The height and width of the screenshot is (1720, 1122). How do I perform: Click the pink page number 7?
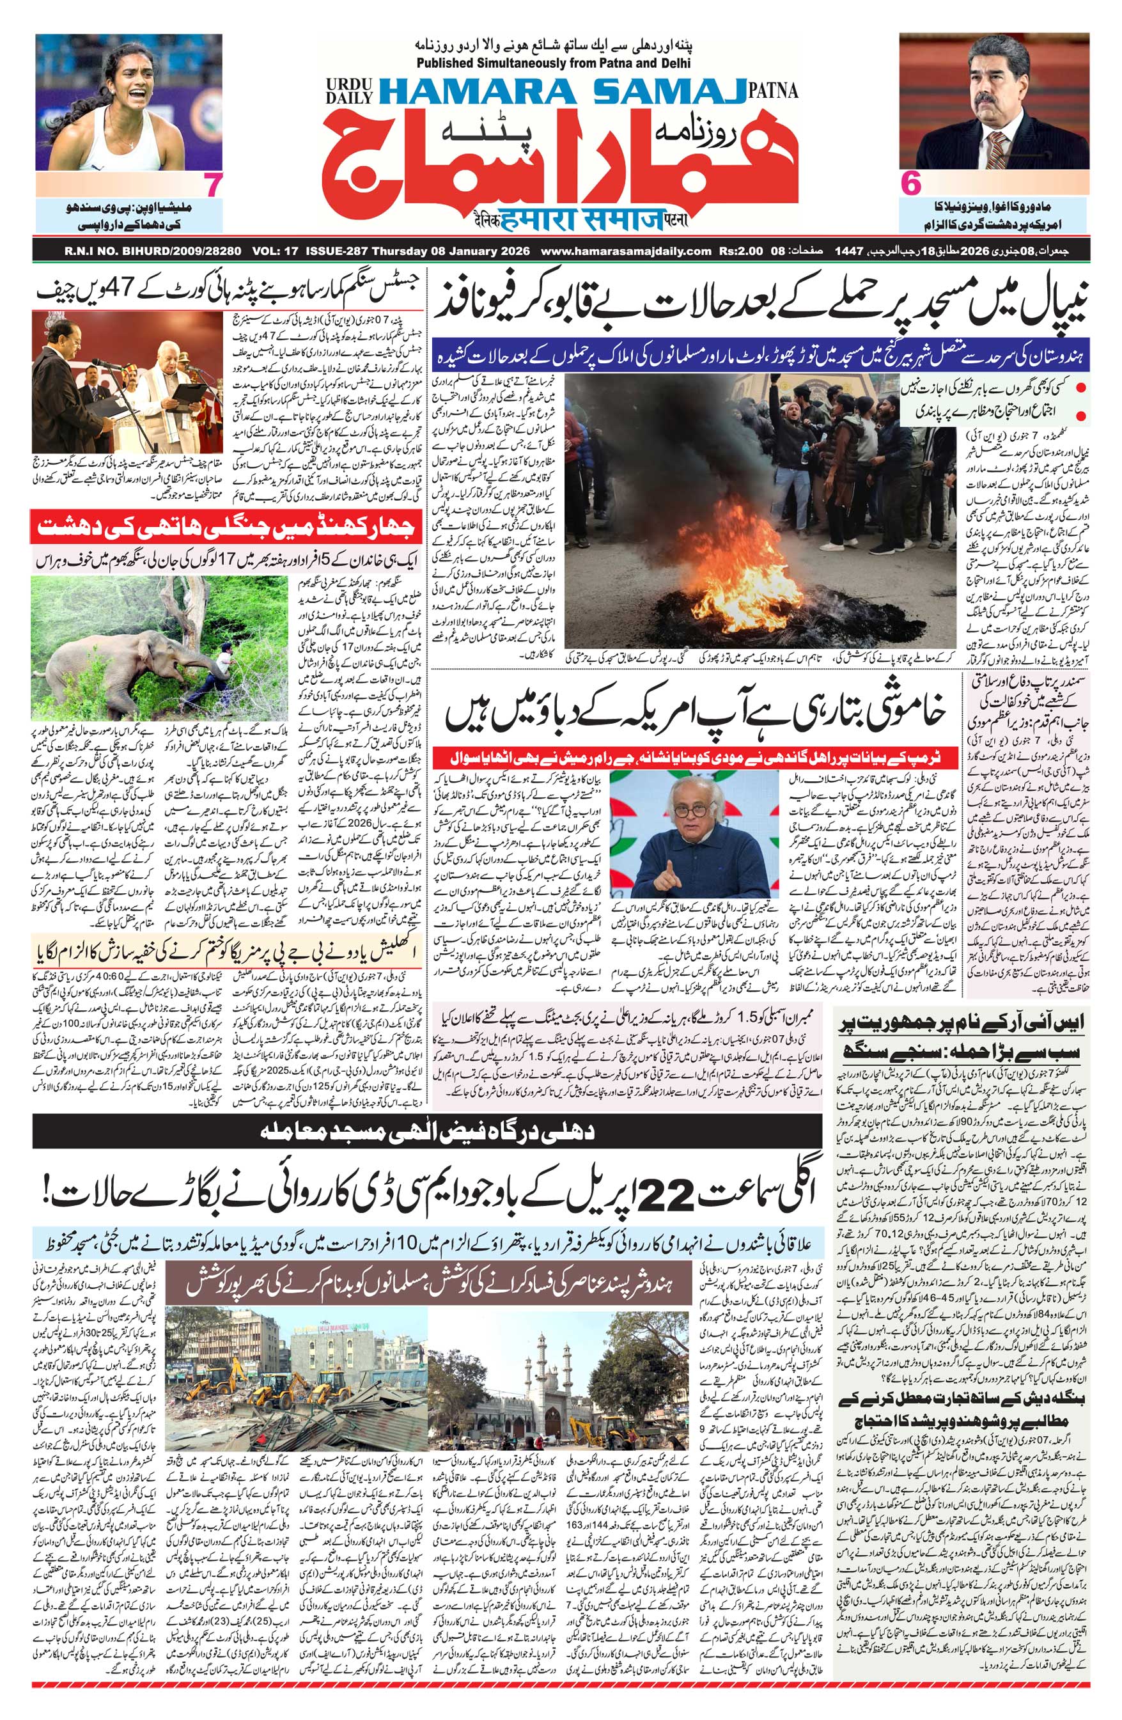pyautogui.click(x=211, y=184)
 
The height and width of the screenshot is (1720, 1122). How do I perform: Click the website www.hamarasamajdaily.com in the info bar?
pyautogui.click(x=626, y=251)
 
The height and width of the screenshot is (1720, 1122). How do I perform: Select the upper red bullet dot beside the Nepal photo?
pyautogui.click(x=1082, y=389)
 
